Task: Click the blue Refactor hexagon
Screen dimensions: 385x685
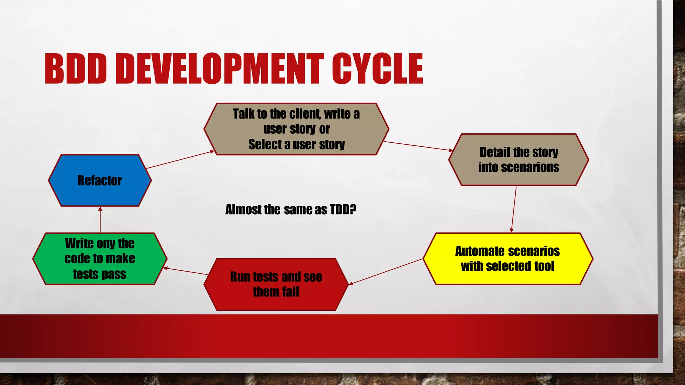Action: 100,180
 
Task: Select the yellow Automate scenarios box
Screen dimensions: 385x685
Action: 508,259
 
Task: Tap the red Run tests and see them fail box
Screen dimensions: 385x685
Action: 276,284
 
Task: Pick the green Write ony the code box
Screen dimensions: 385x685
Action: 100,259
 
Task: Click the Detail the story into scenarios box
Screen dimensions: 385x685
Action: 518,160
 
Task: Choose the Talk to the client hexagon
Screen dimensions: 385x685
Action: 296,129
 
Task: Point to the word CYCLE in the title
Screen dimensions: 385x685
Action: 378,69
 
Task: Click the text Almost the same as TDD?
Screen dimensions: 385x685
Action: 291,210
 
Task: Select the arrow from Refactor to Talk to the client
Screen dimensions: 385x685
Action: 180,160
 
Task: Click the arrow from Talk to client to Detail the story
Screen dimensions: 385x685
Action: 418,146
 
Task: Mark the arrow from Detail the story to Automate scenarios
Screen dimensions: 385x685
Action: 514,209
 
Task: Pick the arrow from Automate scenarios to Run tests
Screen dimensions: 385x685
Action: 386,272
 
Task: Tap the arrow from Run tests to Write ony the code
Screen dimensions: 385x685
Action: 186,271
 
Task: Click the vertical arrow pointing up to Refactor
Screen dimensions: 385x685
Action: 100,220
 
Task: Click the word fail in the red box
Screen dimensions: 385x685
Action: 290,292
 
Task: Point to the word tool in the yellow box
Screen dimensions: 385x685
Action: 544,266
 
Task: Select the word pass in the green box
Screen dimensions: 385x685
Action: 114,274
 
